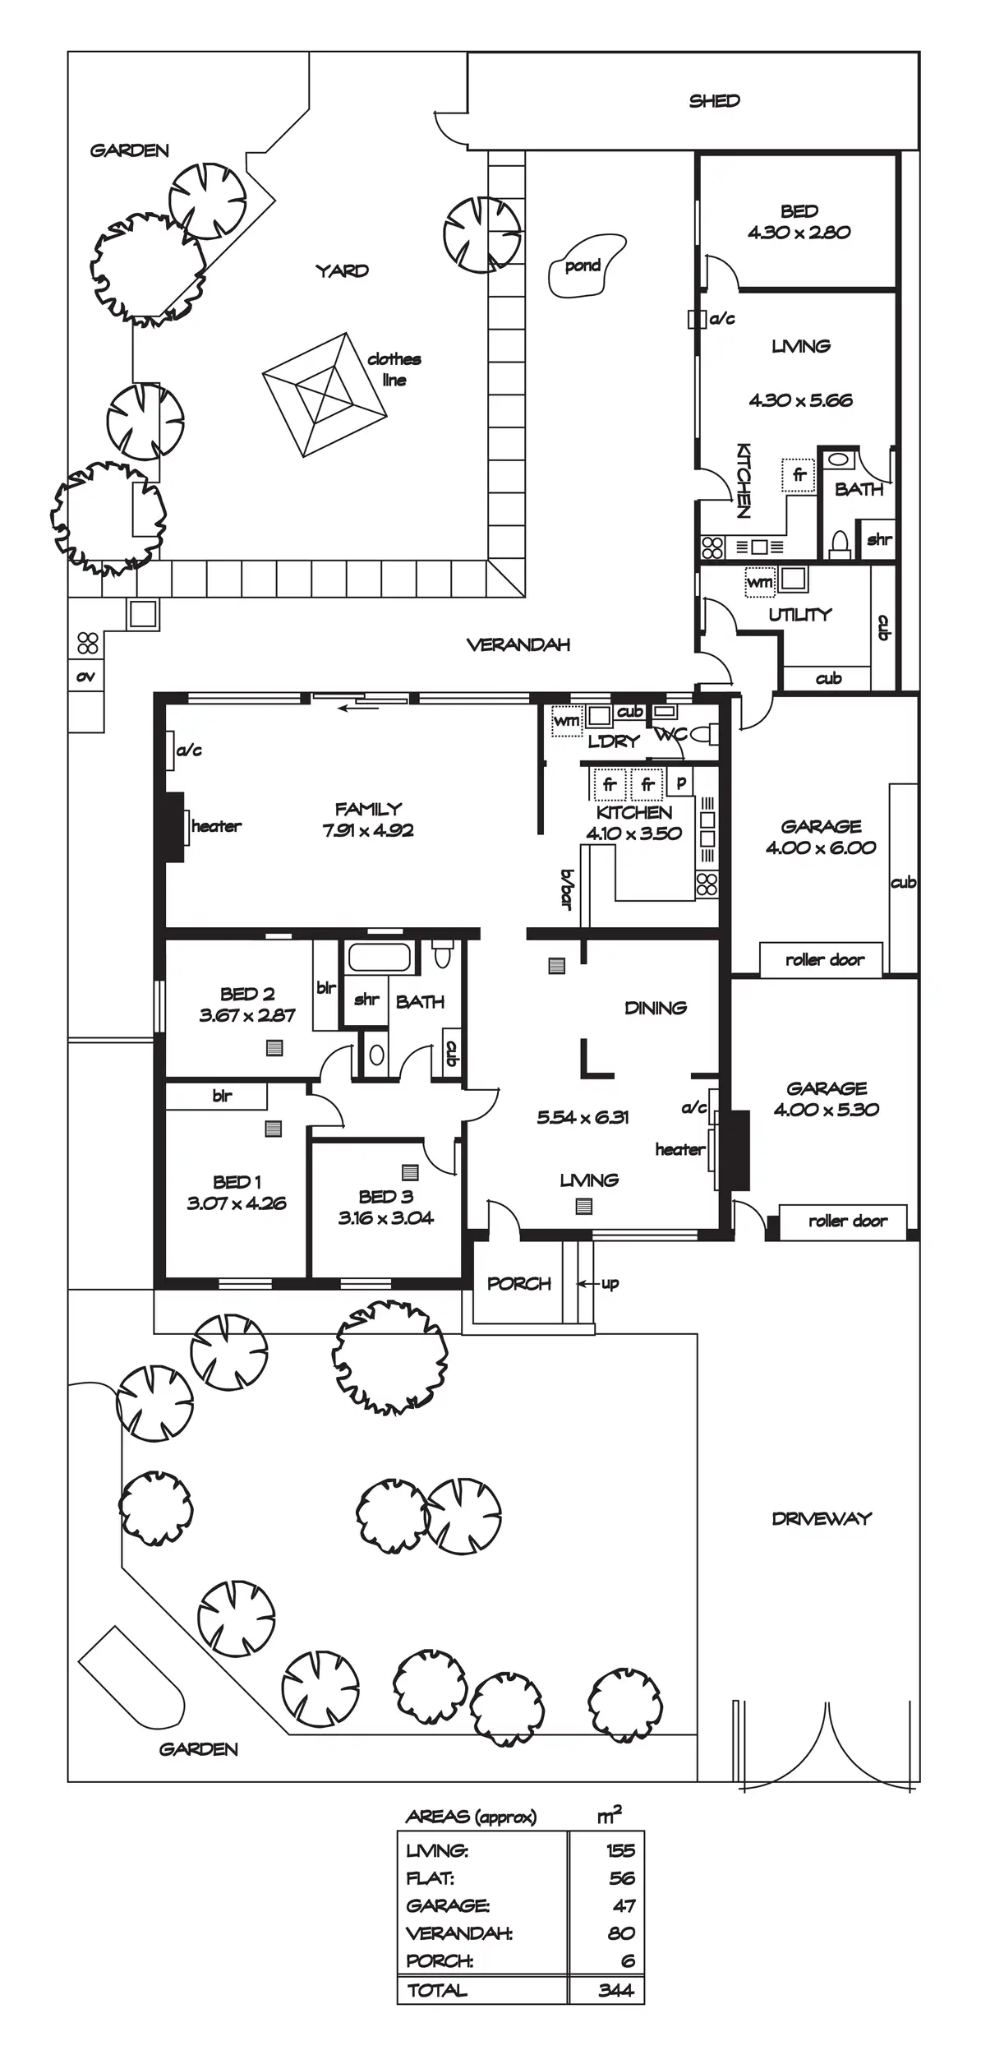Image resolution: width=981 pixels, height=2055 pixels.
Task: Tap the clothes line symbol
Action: [325, 395]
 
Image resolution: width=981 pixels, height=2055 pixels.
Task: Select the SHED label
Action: [714, 101]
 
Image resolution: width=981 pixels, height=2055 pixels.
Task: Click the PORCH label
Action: [518, 1283]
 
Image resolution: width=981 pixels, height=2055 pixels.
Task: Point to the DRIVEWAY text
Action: [821, 1518]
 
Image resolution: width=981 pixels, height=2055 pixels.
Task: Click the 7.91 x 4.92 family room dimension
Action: [368, 830]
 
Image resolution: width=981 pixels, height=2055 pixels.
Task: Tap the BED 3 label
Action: [385, 1197]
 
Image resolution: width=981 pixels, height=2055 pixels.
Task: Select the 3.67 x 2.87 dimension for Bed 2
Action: [246, 1015]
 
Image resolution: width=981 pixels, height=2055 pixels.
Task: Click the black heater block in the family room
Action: [173, 826]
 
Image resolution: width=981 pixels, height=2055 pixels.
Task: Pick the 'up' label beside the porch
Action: [610, 1283]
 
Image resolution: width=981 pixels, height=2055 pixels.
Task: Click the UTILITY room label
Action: [799, 614]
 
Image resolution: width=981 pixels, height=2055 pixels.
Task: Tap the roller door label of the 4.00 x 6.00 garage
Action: [824, 959]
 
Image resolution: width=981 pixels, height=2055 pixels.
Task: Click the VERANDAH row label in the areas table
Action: [458, 1933]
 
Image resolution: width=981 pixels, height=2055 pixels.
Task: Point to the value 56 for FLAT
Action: [622, 1878]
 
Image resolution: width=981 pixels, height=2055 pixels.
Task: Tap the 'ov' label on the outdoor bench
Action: [85, 677]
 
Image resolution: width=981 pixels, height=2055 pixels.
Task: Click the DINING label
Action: [655, 1008]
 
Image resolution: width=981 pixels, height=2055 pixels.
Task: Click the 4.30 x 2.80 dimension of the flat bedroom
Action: [799, 233]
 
